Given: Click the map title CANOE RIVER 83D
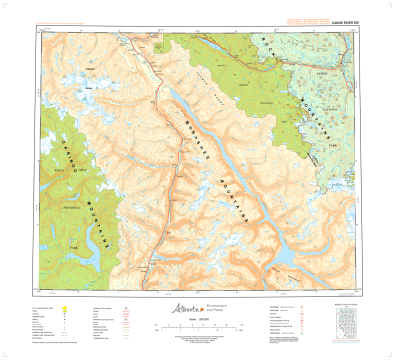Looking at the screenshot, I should pyautogui.click(x=340, y=22).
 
